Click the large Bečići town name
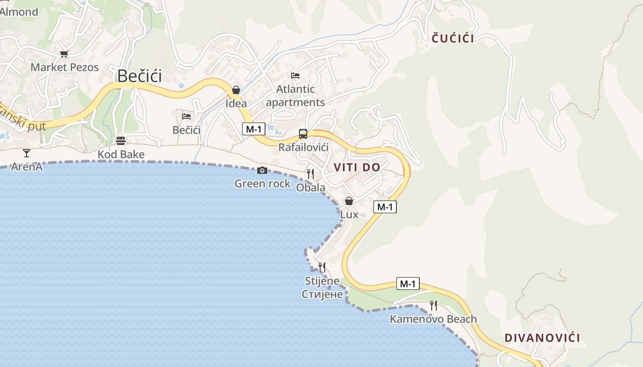pos(140,76)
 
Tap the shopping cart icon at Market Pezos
pos(64,54)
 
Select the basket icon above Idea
pos(236,90)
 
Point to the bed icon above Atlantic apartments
pos(295,76)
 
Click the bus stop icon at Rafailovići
pos(303,134)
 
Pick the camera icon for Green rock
pos(262,171)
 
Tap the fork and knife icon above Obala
pos(310,173)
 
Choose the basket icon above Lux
pos(349,201)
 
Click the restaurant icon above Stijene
pos(322,267)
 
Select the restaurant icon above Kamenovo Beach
pos(433,305)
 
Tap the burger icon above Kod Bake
pos(121,140)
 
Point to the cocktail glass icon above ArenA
pos(27,153)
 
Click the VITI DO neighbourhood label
pos(357,167)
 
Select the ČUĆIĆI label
pos(453,39)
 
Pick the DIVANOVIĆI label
pos(542,338)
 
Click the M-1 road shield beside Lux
pos(385,207)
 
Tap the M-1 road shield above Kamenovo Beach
pos(407,284)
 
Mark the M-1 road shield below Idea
pos(254,129)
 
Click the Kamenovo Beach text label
pos(433,319)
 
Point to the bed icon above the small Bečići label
pos(186,117)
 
